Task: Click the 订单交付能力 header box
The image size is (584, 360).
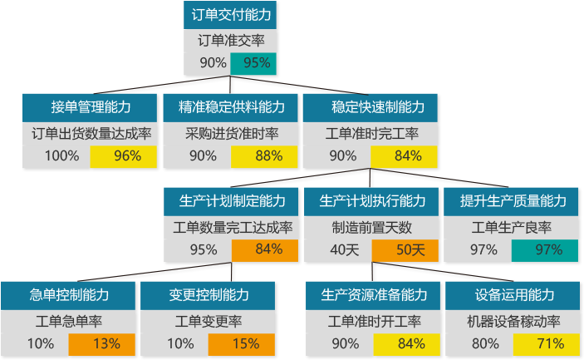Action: click(x=230, y=15)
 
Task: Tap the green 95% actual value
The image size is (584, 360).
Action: click(x=253, y=63)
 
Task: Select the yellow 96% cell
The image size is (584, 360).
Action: click(x=123, y=156)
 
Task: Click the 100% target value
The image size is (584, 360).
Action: click(x=61, y=155)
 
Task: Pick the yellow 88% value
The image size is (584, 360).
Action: click(x=264, y=156)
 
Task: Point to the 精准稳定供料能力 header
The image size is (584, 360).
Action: click(x=231, y=108)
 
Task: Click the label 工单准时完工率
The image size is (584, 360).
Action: click(x=371, y=134)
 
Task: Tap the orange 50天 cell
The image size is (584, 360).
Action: click(x=405, y=250)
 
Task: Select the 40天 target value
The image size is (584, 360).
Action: click(x=345, y=249)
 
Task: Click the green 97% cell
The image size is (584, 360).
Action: click(x=545, y=250)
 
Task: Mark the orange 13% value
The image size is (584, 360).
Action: click(x=101, y=344)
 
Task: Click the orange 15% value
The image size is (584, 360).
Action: click(x=242, y=344)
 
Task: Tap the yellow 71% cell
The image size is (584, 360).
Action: click(x=547, y=344)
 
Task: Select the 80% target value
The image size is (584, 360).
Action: click(x=485, y=343)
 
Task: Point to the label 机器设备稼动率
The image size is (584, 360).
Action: click(x=513, y=322)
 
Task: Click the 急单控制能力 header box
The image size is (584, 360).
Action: click(x=68, y=295)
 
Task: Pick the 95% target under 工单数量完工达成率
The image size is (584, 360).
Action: click(x=204, y=249)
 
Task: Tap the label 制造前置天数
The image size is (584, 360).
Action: click(x=371, y=228)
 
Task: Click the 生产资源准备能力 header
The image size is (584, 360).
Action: click(x=373, y=295)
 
